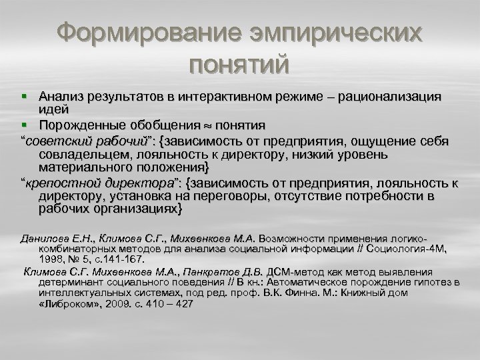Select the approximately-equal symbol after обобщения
pos(205,125)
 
